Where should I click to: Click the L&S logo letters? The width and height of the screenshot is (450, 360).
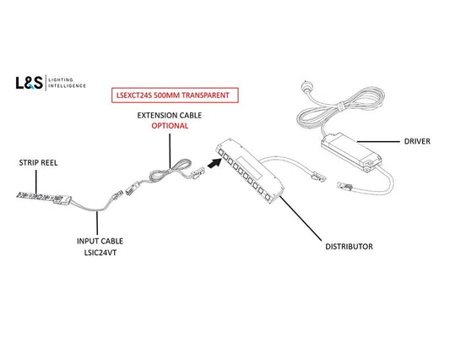point(29,83)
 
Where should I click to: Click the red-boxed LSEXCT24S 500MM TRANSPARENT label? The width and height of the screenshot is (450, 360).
point(175,95)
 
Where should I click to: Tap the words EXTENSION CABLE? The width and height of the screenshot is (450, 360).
point(170,116)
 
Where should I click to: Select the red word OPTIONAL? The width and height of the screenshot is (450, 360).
point(170,126)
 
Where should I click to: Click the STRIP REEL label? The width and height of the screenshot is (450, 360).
point(38,162)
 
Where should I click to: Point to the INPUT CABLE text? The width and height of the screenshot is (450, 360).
point(100,241)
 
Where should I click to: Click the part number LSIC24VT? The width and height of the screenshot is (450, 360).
point(100,253)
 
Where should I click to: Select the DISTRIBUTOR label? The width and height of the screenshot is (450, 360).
point(349,247)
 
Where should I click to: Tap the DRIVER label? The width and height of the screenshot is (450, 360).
point(417,141)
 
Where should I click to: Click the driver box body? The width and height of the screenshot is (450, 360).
point(351,152)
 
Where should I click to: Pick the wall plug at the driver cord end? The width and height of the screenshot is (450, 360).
point(306,85)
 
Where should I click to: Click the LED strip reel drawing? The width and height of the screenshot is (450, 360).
point(44,198)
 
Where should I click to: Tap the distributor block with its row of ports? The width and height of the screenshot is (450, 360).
point(249,170)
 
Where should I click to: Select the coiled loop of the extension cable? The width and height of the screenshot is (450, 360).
point(170,172)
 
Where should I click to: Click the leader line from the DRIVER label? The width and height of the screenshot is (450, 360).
point(378,142)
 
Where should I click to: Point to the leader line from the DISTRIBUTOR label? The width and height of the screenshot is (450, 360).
point(301,218)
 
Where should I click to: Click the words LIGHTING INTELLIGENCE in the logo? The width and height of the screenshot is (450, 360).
point(67,83)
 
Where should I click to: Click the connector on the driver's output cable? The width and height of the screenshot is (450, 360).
point(344,186)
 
